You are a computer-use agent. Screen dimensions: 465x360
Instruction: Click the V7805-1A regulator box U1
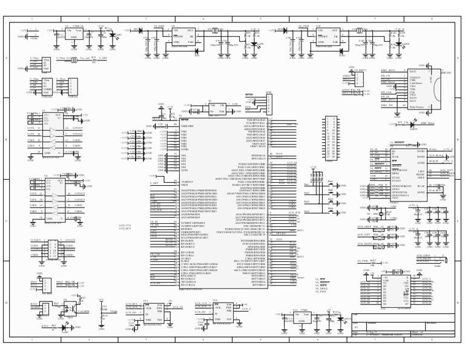pos(75,34)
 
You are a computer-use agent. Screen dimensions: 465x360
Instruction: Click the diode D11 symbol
pos(140,30)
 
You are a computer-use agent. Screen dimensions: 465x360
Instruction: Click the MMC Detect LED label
pos(427,123)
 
